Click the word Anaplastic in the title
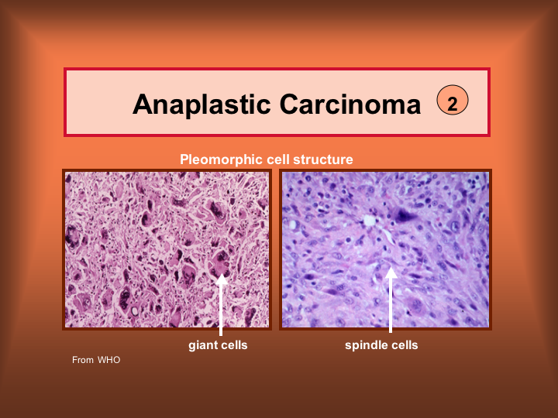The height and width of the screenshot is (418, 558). (x=201, y=104)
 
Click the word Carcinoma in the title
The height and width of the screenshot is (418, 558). (x=350, y=104)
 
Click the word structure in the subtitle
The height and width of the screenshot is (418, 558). (x=322, y=159)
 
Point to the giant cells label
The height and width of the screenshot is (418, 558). (x=218, y=345)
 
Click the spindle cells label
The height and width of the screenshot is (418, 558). (x=381, y=345)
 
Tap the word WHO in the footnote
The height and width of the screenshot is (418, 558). (x=109, y=360)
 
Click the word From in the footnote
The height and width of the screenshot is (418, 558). (x=83, y=360)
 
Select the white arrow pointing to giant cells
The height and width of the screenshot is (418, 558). (x=221, y=305)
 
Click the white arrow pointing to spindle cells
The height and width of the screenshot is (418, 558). (x=391, y=300)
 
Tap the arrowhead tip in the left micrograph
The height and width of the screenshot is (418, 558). (x=222, y=275)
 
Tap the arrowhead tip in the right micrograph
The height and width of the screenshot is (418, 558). (x=391, y=267)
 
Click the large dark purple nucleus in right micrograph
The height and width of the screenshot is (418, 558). (x=405, y=215)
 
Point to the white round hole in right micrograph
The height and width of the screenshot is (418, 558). (x=369, y=221)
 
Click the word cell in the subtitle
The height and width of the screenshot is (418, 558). (x=277, y=159)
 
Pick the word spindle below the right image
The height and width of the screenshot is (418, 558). (x=366, y=345)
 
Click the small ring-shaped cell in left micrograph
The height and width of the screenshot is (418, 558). (x=135, y=311)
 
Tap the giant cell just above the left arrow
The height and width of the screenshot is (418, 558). (x=221, y=262)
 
